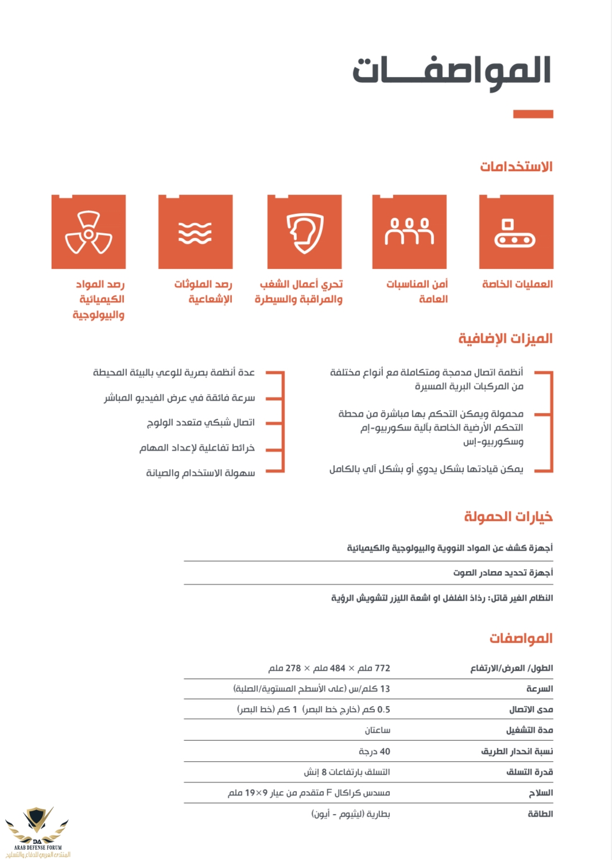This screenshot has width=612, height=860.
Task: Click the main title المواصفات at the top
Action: (452, 71)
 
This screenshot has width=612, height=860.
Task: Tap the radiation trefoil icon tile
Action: (88, 232)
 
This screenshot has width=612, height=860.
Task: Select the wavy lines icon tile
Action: (195, 232)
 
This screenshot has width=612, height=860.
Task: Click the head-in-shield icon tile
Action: (304, 232)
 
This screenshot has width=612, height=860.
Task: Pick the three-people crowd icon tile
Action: (409, 232)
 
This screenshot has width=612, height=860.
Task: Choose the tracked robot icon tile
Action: (516, 232)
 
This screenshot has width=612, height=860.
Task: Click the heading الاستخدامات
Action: (516, 167)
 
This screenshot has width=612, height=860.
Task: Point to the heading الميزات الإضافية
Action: (505, 338)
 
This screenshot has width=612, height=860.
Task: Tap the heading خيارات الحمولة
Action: (508, 516)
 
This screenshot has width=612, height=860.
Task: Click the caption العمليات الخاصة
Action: (517, 284)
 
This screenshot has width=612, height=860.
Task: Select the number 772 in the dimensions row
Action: (382, 668)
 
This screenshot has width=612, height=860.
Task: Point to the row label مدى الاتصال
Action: (531, 709)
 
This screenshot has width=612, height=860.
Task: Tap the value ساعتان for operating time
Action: (377, 730)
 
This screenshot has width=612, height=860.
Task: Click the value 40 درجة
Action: (374, 751)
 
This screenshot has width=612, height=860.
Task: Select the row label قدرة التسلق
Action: (529, 772)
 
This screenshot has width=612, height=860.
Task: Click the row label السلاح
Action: (541, 793)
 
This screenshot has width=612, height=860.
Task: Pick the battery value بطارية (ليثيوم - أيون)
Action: (351, 814)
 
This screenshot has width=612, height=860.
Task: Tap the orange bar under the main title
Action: (533, 114)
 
